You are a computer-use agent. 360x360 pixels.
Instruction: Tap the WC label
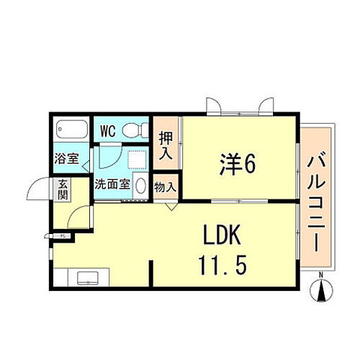108,131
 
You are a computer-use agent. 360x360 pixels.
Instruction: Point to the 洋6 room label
234,165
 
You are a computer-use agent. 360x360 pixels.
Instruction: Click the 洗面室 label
112,184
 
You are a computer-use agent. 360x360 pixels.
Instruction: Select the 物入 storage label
165,186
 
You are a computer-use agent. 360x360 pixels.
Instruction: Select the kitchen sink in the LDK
85,278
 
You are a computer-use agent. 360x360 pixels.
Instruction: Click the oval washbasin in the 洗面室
141,185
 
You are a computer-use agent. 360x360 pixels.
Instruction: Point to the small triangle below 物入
170,206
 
